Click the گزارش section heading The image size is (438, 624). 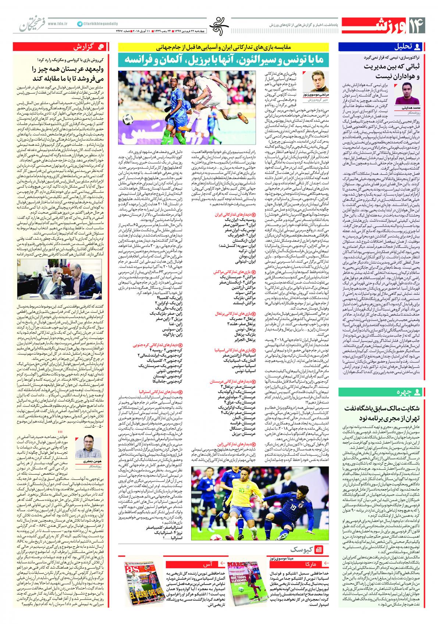coord(95,47)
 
